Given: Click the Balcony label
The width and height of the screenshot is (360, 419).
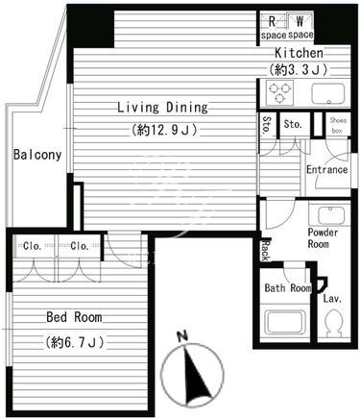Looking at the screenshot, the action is pyautogui.click(x=37, y=155).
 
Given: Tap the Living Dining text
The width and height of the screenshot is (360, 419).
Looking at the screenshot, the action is pyautogui.click(x=163, y=108).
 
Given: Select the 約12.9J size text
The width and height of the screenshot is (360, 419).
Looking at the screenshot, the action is pyautogui.click(x=163, y=130).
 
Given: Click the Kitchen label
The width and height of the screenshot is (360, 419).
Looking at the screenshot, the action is pyautogui.click(x=299, y=53).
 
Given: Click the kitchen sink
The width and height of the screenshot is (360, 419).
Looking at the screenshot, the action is pyautogui.click(x=328, y=94).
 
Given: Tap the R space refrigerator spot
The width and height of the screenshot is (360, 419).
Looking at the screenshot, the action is pyautogui.click(x=273, y=26).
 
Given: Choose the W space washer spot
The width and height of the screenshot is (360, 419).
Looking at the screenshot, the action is pyautogui.click(x=300, y=26).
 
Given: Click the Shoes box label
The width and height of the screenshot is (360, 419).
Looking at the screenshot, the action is pyautogui.click(x=338, y=125).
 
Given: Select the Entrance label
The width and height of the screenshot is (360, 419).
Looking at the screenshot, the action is pyautogui.click(x=327, y=169).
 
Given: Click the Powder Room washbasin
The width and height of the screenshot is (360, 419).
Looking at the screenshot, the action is pyautogui.click(x=330, y=215).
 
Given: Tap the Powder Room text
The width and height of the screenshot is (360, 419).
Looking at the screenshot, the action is pyautogui.click(x=323, y=238).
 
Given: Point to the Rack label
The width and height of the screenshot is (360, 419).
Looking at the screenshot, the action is pyautogui.click(x=266, y=250).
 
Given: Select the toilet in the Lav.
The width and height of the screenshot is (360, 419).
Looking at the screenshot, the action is pyautogui.click(x=333, y=323).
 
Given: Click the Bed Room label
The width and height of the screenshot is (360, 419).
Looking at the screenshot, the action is pyautogui.click(x=74, y=317).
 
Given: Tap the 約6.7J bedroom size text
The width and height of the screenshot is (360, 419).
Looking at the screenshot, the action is pyautogui.click(x=75, y=343).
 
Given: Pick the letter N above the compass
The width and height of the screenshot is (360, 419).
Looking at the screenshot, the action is pyautogui.click(x=182, y=336).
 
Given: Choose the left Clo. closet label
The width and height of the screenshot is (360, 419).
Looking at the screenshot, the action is pyautogui.click(x=33, y=246).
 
